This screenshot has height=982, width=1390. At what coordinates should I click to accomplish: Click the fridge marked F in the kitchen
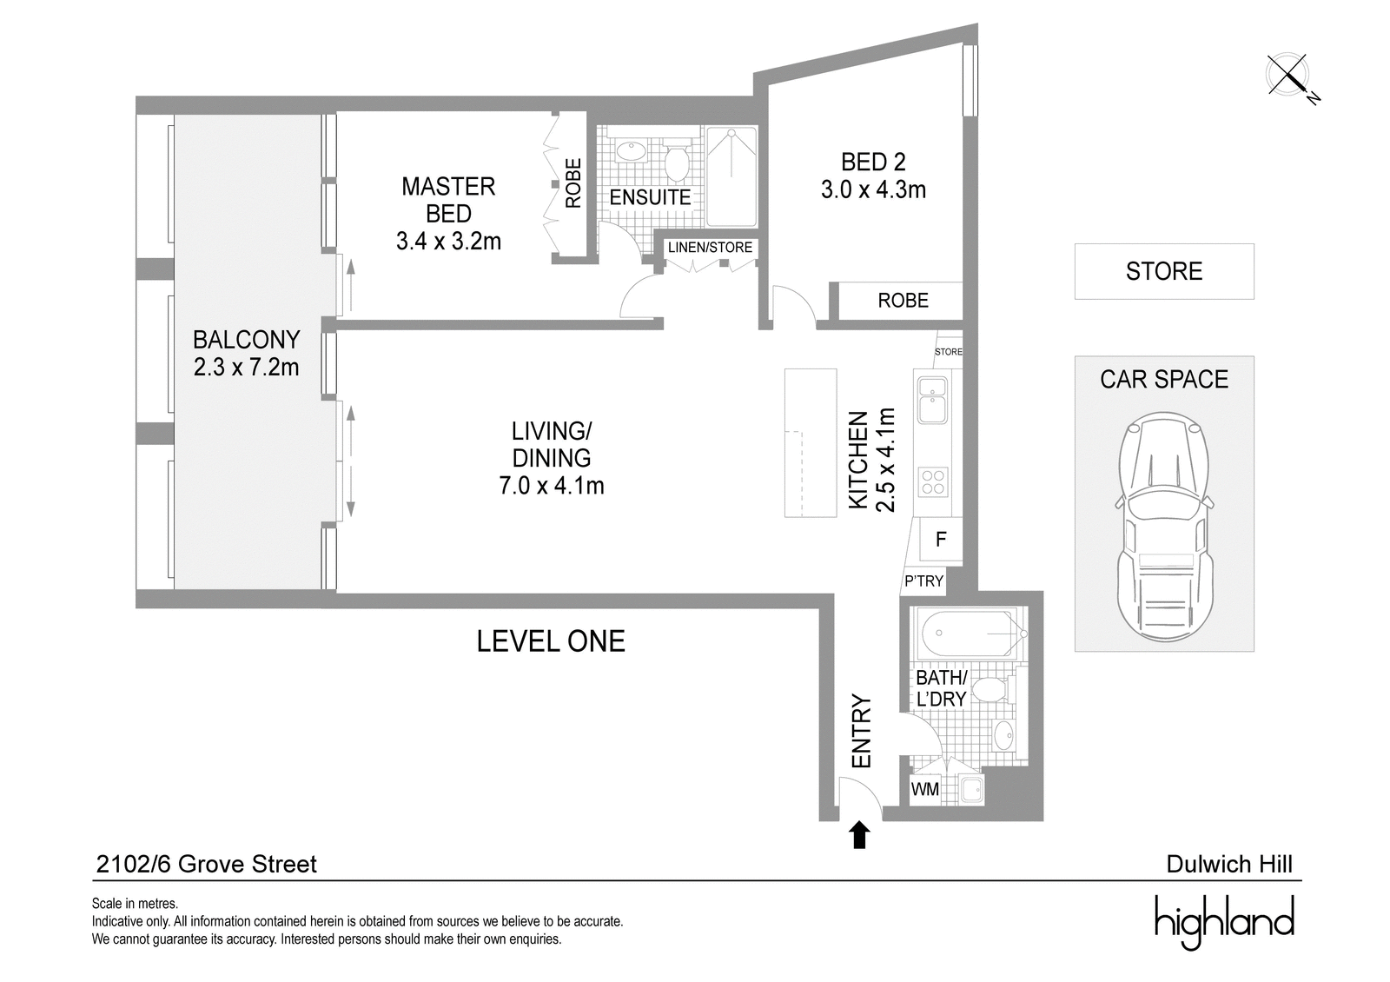coord(941,540)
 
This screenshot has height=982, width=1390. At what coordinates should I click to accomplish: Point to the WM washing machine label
coord(924,790)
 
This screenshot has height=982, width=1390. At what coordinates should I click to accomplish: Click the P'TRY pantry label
coord(923,581)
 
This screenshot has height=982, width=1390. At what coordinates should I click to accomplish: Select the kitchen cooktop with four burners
coord(933,481)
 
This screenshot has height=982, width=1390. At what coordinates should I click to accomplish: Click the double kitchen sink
coord(932,401)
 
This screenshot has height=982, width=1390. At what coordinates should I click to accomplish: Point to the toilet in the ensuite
coord(677,159)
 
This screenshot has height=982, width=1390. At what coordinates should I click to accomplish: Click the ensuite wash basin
coord(630,151)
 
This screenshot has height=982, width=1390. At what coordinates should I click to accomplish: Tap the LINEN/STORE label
coord(710,247)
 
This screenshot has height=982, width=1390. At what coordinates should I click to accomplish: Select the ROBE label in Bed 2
coord(903,301)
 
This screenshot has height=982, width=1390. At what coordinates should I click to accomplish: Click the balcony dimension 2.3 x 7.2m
coord(246,368)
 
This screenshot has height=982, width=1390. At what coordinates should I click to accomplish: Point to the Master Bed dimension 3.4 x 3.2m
coord(448,241)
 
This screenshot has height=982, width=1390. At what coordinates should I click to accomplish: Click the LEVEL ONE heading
coord(551,641)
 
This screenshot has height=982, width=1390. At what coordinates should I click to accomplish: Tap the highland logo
coord(1224,923)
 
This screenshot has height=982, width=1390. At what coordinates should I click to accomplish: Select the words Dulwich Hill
coord(1229,864)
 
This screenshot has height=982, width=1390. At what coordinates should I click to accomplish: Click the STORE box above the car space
coord(1164,271)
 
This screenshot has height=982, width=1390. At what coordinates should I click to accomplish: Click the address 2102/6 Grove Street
coord(206,864)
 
